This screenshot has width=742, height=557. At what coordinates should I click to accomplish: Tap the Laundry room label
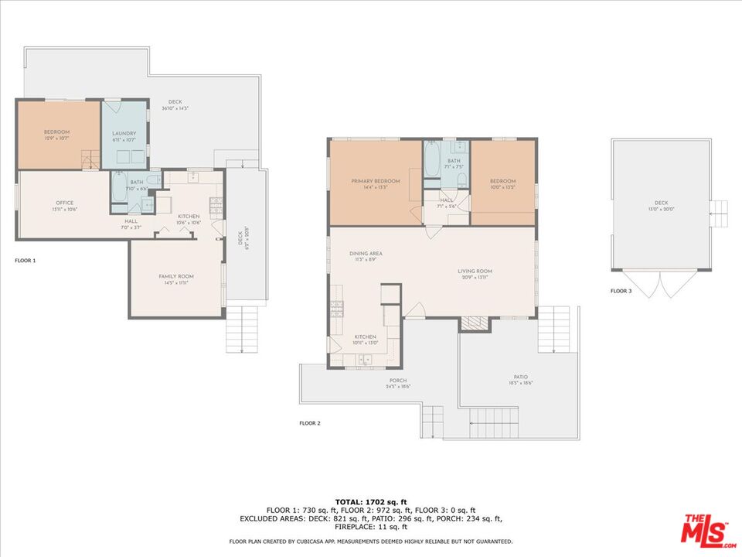pyautogui.click(x=124, y=133)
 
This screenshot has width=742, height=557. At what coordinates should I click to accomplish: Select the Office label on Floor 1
pyautogui.click(x=64, y=203)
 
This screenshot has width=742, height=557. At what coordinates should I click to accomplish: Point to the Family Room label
pyautogui.click(x=176, y=276)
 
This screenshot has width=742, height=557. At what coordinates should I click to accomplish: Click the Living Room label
pyautogui.click(x=475, y=271)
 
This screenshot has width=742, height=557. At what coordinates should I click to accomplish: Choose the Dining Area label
pyautogui.click(x=366, y=254)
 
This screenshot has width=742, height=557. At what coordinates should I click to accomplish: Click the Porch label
pyautogui.click(x=398, y=381)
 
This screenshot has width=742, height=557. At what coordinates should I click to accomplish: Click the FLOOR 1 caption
pyautogui.click(x=26, y=261)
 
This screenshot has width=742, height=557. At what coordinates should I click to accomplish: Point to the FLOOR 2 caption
pyautogui.click(x=309, y=423)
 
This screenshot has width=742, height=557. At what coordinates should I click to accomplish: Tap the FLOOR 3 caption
pyautogui.click(x=621, y=292)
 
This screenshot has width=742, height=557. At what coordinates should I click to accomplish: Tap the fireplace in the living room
pyautogui.click(x=475, y=323)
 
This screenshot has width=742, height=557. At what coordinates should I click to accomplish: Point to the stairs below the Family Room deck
pyautogui.click(x=241, y=329)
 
